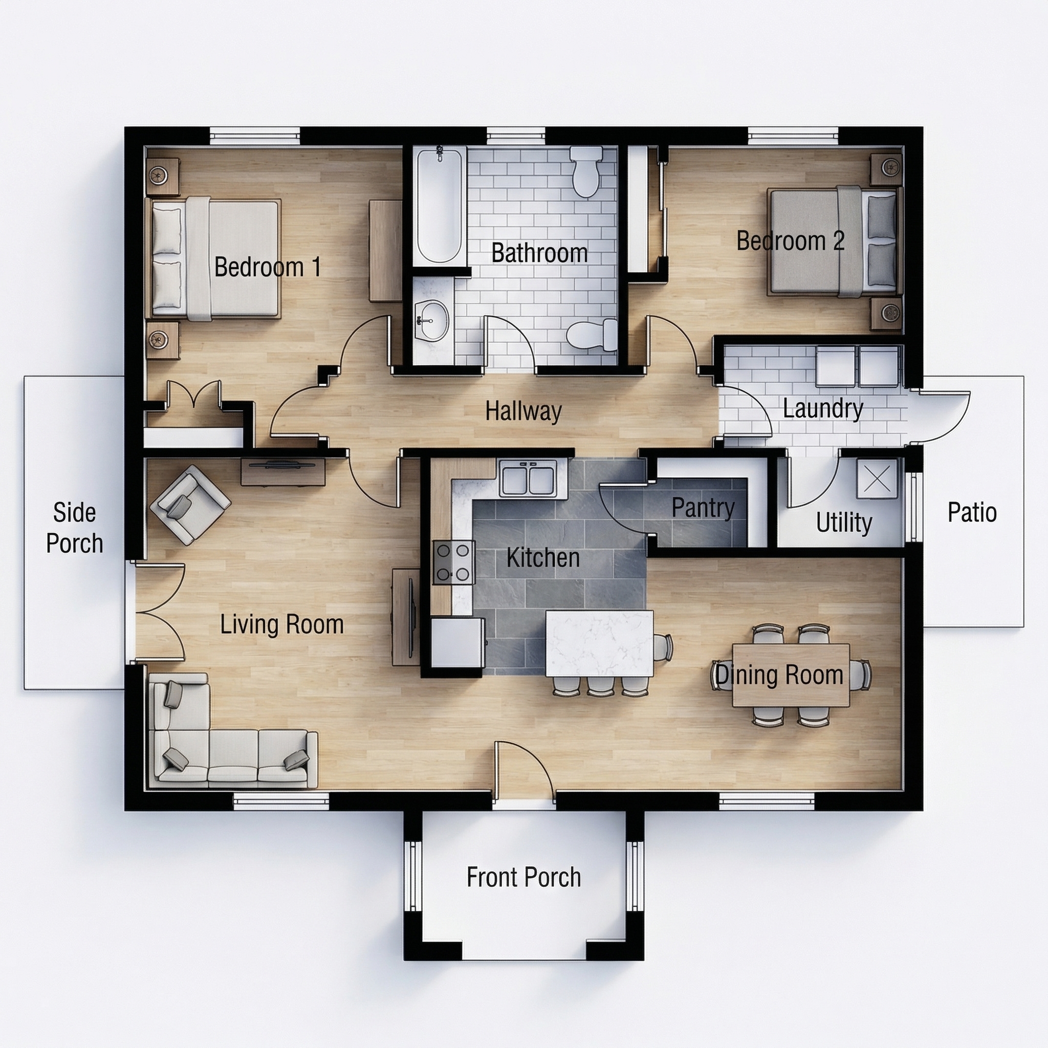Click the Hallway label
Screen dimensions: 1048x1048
tap(523, 411)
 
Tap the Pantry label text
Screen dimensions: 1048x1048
tap(703, 508)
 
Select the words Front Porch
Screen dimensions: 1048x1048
tap(523, 877)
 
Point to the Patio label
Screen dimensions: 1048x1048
tap(972, 513)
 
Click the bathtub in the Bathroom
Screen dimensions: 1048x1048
tap(440, 206)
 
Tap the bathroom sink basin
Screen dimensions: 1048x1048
tap(432, 320)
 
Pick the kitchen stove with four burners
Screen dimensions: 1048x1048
tap(453, 562)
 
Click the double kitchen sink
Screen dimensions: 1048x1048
tap(528, 478)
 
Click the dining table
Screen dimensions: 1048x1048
tap(790, 675)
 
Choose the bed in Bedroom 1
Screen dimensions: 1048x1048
tap(214, 259)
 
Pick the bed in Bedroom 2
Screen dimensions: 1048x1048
tap(833, 242)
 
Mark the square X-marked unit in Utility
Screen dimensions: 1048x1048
tap(876, 478)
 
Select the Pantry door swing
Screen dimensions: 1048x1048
tap(624, 510)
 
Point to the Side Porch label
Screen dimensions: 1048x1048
tap(74, 528)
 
